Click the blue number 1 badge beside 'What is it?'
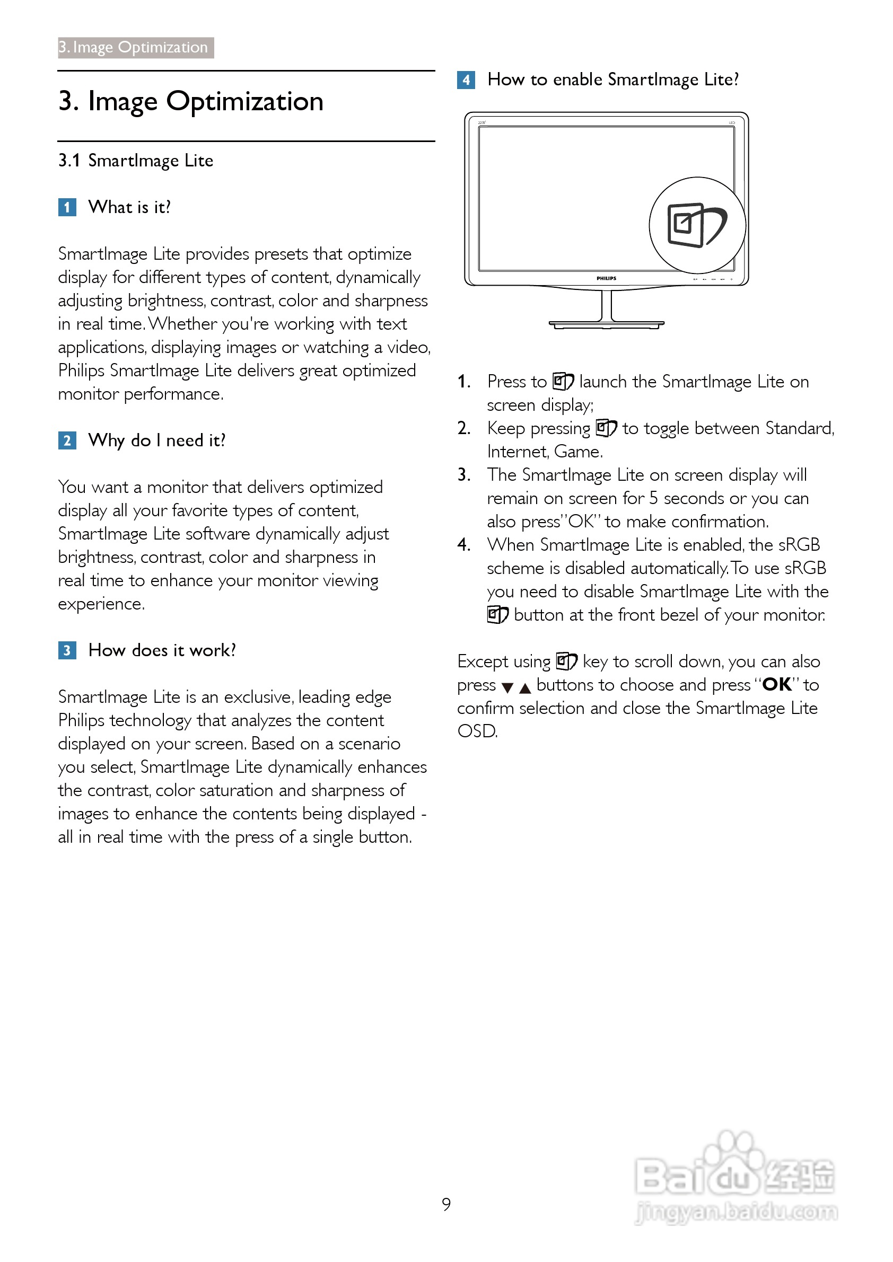pyautogui.click(x=67, y=207)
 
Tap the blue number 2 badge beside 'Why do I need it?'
pyautogui.click(x=67, y=440)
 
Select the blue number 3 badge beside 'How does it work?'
pyautogui.click(x=67, y=650)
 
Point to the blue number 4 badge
pyautogui.click(x=466, y=80)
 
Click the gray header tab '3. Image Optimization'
pyautogui.click(x=135, y=47)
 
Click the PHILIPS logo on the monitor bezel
pyautogui.click(x=606, y=278)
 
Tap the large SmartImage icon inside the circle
pyautogui.click(x=696, y=225)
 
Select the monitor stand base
pyautogui.click(x=606, y=324)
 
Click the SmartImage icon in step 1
pyautogui.click(x=563, y=381)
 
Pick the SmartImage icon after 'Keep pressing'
pyautogui.click(x=607, y=428)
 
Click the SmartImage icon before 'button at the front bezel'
pyautogui.click(x=497, y=614)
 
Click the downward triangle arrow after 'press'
pyautogui.click(x=507, y=687)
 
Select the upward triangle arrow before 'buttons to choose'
pyautogui.click(x=525, y=687)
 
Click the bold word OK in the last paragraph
pyautogui.click(x=776, y=684)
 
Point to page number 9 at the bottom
pyautogui.click(x=446, y=1204)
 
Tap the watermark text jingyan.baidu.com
pyautogui.click(x=736, y=1212)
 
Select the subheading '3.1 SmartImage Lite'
pyautogui.click(x=136, y=161)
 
